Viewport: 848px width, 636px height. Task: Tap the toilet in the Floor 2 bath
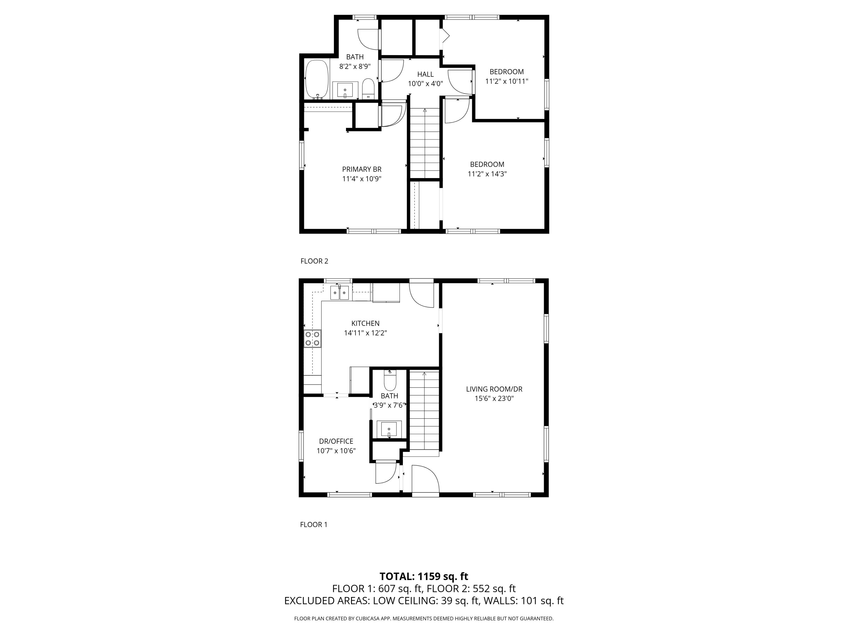click(x=368, y=88)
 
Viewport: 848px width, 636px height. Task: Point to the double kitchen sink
click(x=340, y=293)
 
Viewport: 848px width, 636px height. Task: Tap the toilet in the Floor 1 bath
click(x=390, y=382)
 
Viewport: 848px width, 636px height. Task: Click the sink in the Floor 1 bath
click(x=389, y=428)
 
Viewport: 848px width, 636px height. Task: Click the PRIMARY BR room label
click(x=362, y=169)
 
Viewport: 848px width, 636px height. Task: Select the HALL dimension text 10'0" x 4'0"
click(x=425, y=84)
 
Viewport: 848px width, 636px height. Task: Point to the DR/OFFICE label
click(x=336, y=441)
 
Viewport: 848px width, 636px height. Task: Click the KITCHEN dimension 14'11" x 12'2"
click(x=365, y=333)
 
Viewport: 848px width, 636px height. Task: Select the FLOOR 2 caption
click(x=314, y=261)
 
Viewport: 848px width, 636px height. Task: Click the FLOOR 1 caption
click(x=313, y=524)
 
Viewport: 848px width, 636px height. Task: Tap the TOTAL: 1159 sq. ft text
click(x=424, y=576)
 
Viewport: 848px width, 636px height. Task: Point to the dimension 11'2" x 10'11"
click(x=507, y=81)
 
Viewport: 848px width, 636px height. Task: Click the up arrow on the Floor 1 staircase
click(x=424, y=374)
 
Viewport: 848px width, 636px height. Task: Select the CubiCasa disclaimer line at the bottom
click(x=424, y=618)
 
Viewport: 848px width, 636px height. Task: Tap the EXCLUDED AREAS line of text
click(x=424, y=601)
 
